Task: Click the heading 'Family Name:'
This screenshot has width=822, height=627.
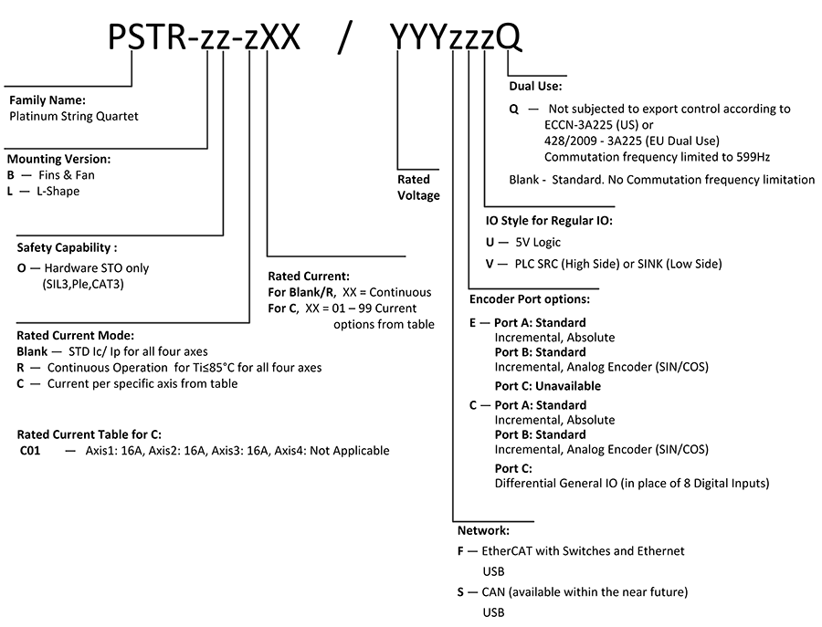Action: click(x=47, y=100)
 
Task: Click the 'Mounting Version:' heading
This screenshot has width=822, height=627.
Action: click(x=58, y=159)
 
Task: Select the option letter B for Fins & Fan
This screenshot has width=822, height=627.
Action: click(x=10, y=175)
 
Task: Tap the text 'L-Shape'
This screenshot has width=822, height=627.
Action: click(x=58, y=191)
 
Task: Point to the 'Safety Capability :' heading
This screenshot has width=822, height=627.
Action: click(x=67, y=247)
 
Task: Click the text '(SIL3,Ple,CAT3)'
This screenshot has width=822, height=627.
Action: click(x=83, y=285)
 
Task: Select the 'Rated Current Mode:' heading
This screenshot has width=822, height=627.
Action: click(x=76, y=335)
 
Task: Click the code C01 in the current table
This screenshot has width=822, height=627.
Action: click(x=30, y=451)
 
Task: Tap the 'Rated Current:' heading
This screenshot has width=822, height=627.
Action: click(x=309, y=276)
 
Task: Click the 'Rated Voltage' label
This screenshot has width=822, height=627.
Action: click(x=418, y=187)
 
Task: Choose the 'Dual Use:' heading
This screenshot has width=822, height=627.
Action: click(x=535, y=86)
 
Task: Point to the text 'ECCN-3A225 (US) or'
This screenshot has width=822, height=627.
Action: click(x=598, y=125)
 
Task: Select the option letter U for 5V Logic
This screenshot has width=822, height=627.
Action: click(x=490, y=243)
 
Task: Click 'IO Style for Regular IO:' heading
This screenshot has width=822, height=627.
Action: click(x=549, y=221)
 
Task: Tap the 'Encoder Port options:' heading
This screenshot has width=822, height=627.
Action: click(x=530, y=299)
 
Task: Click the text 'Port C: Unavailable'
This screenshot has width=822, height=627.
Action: click(x=548, y=386)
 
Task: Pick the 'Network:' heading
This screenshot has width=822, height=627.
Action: click(x=483, y=530)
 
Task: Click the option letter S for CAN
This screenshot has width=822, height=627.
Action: click(x=460, y=592)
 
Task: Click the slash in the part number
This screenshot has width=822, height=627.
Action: click(x=344, y=38)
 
